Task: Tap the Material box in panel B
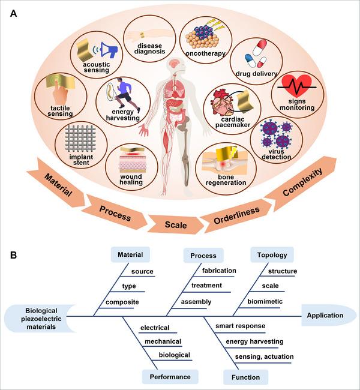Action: pyautogui.click(x=130, y=254)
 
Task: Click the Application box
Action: pyautogui.click(x=325, y=316)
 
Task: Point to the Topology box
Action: pyautogui.click(x=272, y=254)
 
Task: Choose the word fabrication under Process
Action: pyautogui.click(x=218, y=271)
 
